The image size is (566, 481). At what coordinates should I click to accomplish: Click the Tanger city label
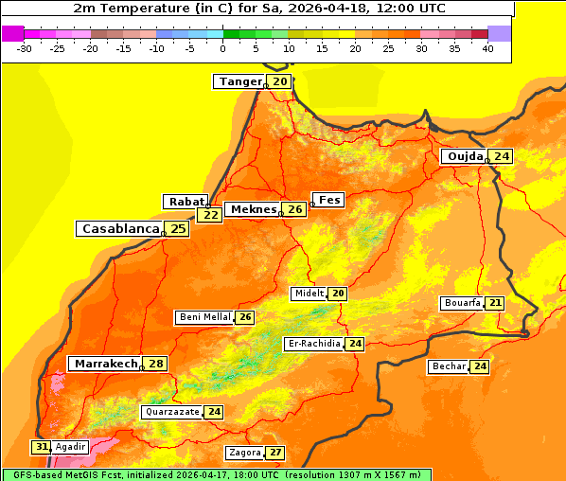point(239,81)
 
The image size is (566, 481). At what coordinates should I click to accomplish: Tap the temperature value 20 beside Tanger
point(280,81)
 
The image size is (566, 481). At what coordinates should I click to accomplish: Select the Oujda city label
point(465,156)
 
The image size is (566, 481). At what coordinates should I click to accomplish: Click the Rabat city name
point(186,202)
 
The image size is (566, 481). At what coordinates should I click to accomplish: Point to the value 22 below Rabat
point(209,215)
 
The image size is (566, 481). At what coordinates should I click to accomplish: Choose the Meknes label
point(253,209)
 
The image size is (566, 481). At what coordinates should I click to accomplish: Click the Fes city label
point(328,200)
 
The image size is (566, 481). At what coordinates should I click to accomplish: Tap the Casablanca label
point(119,228)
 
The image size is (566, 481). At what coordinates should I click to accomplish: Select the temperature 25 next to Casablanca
point(178,228)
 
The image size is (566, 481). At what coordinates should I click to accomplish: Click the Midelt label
point(309,294)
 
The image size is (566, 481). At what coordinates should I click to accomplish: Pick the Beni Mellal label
point(204,317)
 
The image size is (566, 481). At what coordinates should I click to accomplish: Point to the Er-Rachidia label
point(313,344)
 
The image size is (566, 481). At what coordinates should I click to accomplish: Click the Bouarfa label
point(462,303)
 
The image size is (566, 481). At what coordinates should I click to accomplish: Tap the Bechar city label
point(449,366)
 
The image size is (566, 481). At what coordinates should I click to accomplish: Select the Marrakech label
point(105,364)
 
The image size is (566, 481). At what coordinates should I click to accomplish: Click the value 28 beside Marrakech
point(156,364)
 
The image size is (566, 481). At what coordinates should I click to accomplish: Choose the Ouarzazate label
point(172,412)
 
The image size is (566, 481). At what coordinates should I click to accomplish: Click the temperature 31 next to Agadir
point(41,447)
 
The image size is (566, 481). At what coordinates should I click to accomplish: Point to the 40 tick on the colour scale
point(487,48)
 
